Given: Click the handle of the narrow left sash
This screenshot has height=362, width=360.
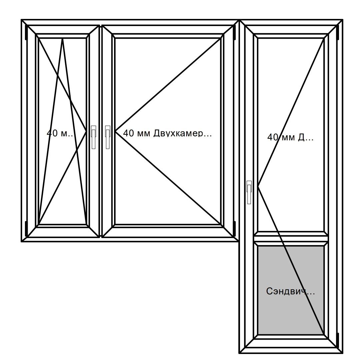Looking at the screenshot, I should [93, 137].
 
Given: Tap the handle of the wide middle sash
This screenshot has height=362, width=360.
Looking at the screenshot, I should [108, 137].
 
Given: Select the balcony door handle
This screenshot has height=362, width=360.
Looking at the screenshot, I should [249, 192].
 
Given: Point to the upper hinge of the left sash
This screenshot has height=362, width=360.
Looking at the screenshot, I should [26, 31].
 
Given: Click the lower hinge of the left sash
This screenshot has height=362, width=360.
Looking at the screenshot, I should [26, 227].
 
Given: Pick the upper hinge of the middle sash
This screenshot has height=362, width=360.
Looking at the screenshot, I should [234, 31].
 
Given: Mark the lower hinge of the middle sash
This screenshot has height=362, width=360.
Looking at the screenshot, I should [234, 227].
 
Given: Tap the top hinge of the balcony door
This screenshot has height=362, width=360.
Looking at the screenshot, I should [338, 31].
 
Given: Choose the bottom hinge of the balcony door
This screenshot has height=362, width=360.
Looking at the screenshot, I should [338, 339].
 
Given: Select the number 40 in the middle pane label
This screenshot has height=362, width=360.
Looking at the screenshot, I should [128, 133].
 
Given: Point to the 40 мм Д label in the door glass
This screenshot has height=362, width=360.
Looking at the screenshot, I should [290, 137].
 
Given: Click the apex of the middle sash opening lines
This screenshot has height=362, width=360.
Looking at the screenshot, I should [115, 132].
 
